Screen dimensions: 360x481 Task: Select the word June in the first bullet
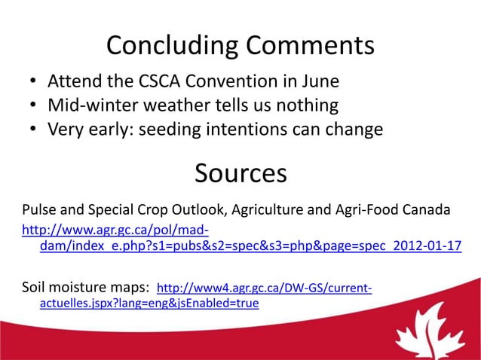click(319, 81)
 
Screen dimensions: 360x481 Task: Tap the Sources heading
click(240, 173)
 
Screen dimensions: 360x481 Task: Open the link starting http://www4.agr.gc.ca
click(263, 288)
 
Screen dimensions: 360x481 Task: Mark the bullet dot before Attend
click(34, 81)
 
